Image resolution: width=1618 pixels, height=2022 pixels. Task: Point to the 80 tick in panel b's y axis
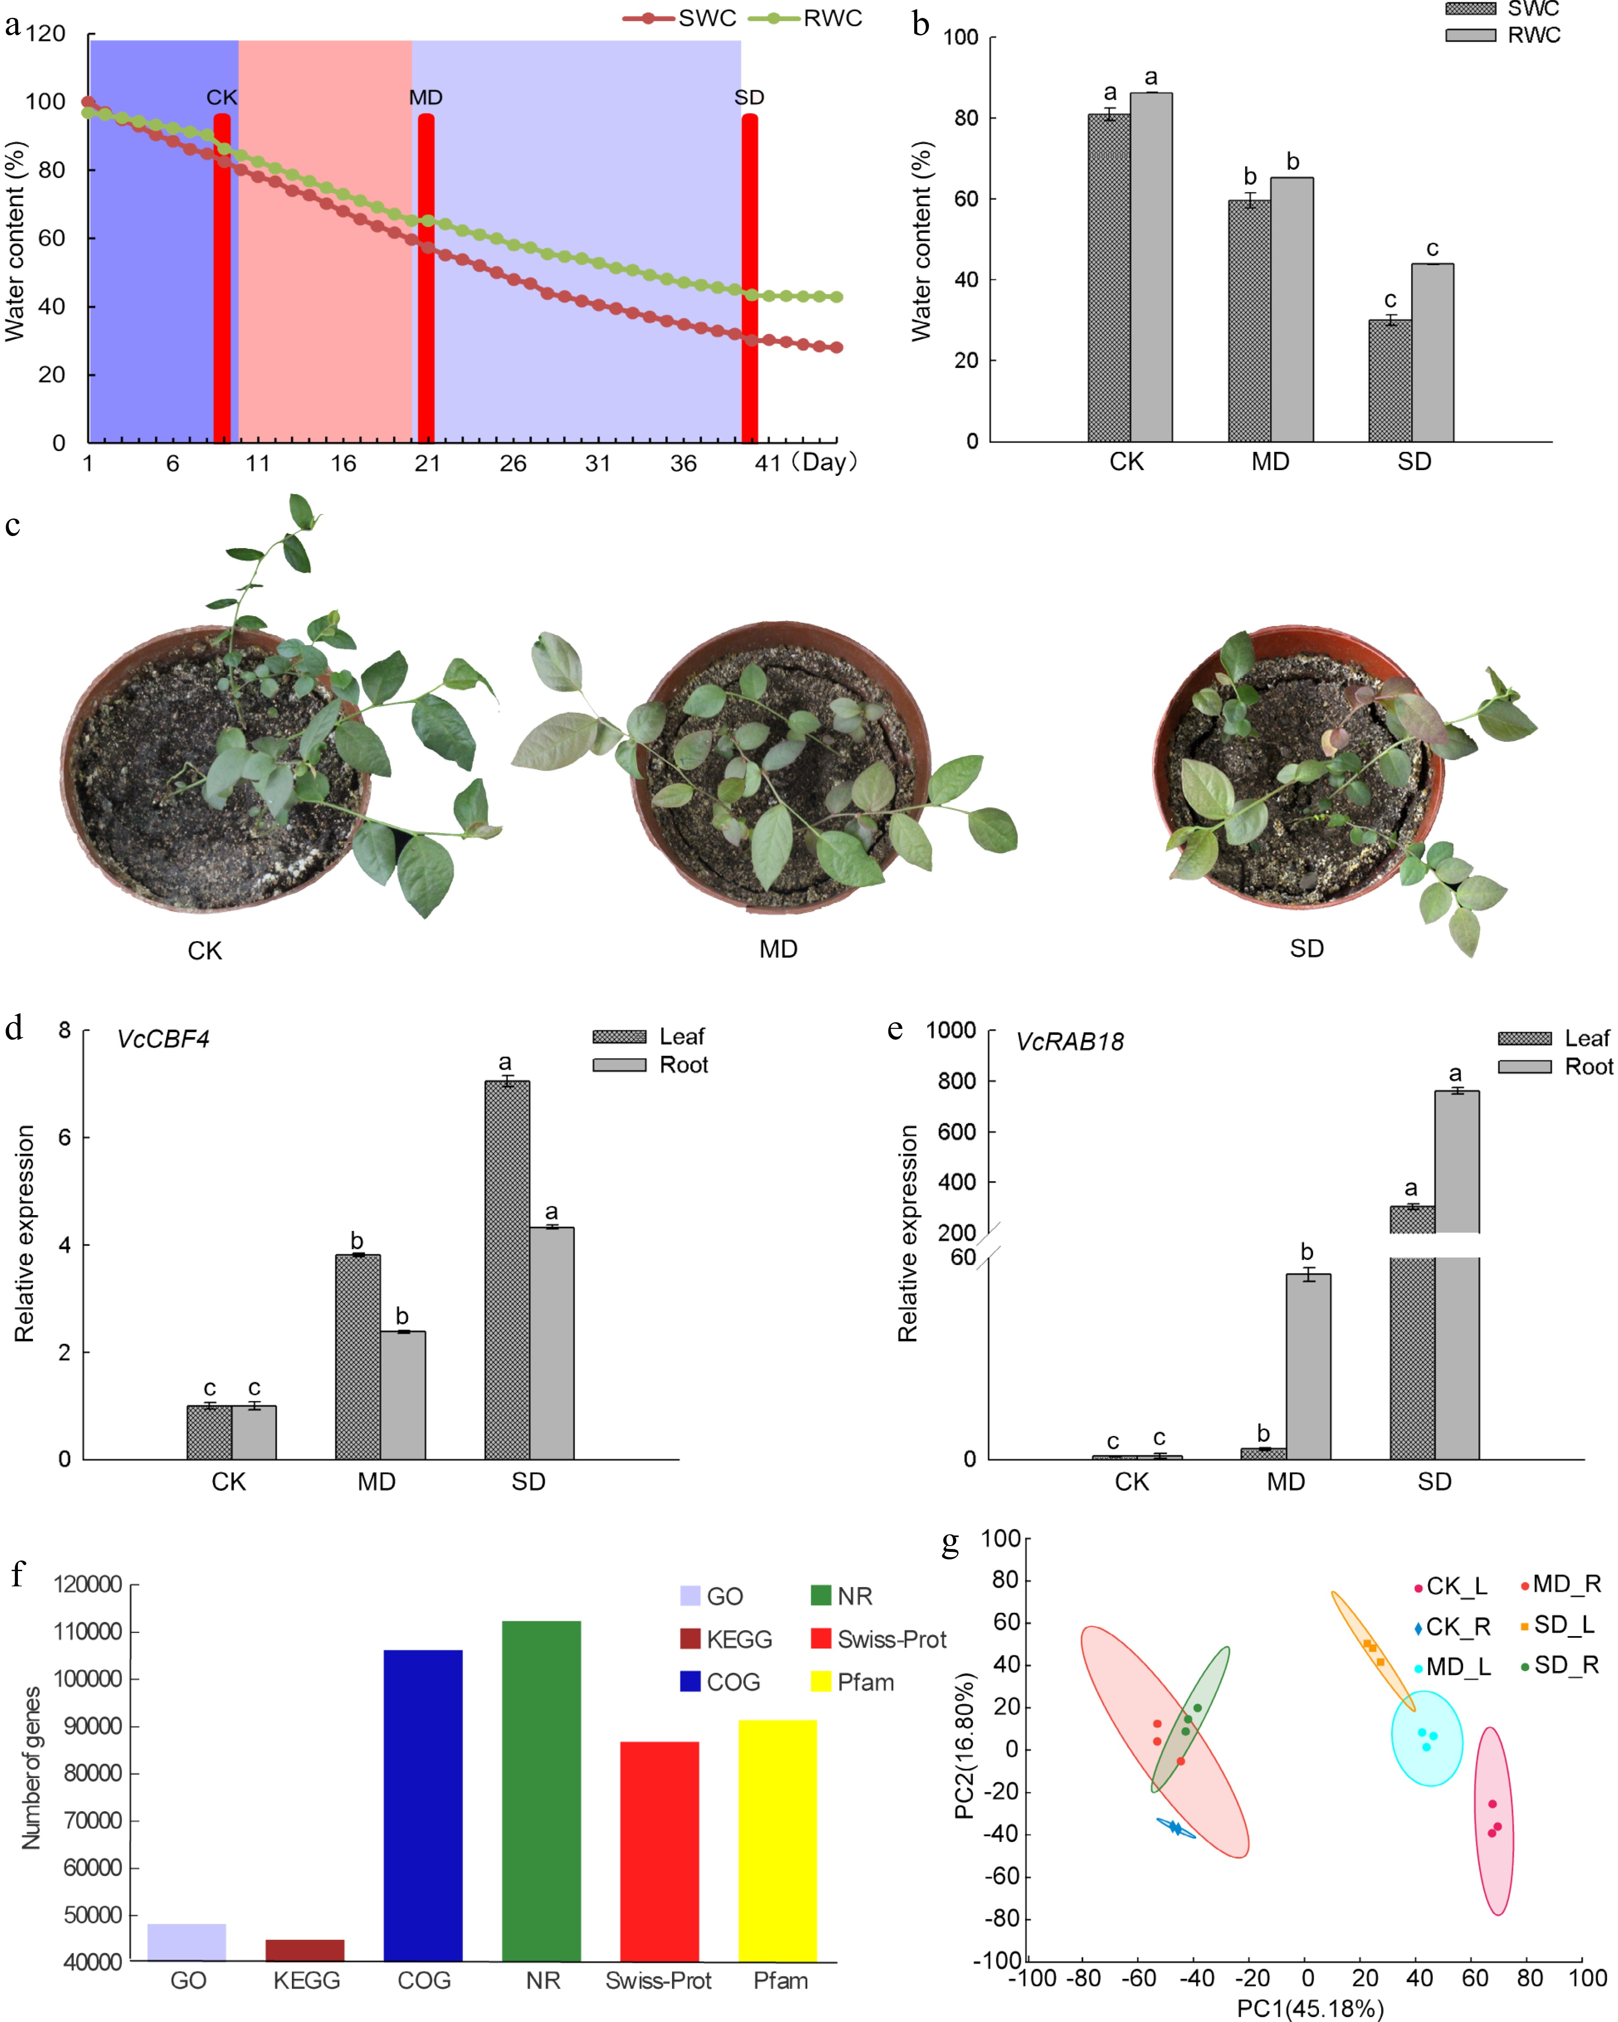966,118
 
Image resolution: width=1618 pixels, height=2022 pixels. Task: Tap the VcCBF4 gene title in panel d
163,1039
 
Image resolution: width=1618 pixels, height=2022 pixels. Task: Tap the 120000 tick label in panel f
88,1585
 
